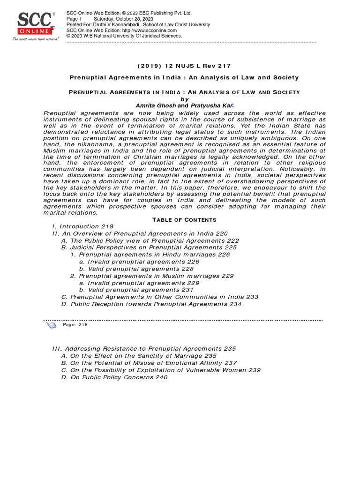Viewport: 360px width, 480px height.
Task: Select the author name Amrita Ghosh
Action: pyautogui.click(x=156, y=106)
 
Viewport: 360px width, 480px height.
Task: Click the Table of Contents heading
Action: pyautogui.click(x=184, y=220)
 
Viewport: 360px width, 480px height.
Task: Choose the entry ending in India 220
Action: pyautogui.click(x=140, y=233)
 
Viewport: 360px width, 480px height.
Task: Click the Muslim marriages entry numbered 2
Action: pyautogui.click(x=152, y=276)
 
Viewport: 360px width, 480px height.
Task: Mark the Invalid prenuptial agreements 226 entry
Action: pyautogui.click(x=139, y=262)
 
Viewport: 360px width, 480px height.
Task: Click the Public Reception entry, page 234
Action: pyautogui.click(x=151, y=304)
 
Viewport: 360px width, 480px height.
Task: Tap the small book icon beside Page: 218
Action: pyautogui.click(x=52, y=325)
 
